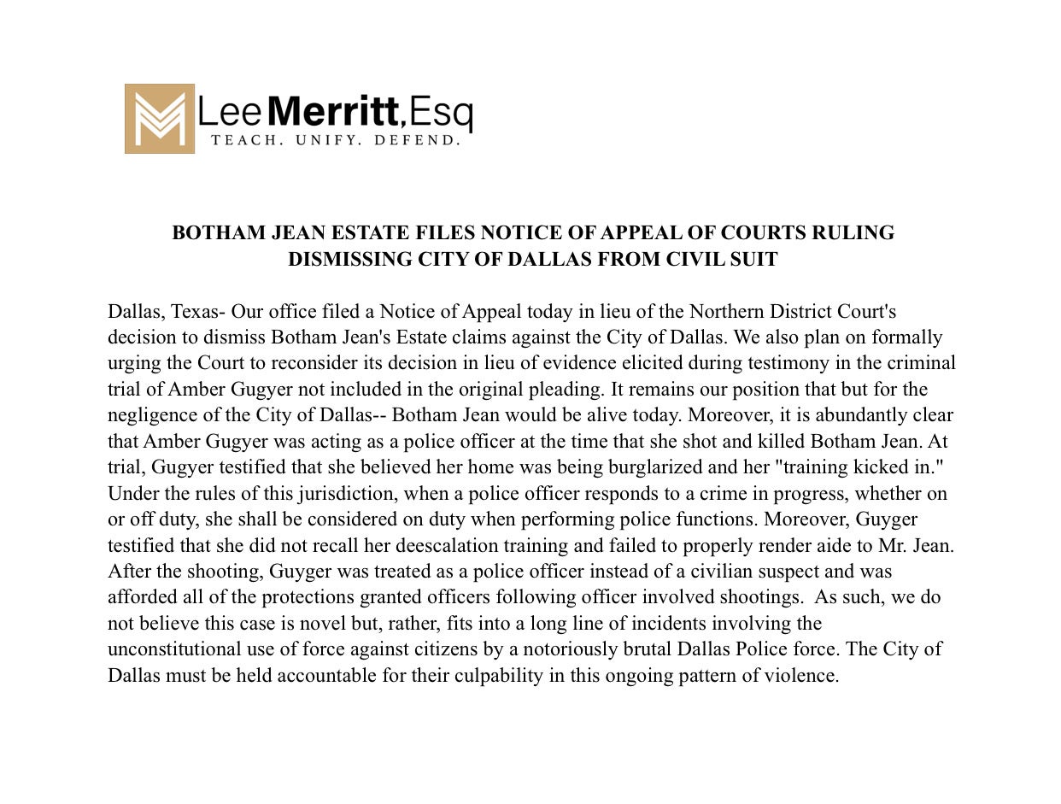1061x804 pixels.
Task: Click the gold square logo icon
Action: [159, 119]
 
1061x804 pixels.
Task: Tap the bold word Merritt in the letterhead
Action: [333, 112]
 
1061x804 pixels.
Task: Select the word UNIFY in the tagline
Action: [317, 140]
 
